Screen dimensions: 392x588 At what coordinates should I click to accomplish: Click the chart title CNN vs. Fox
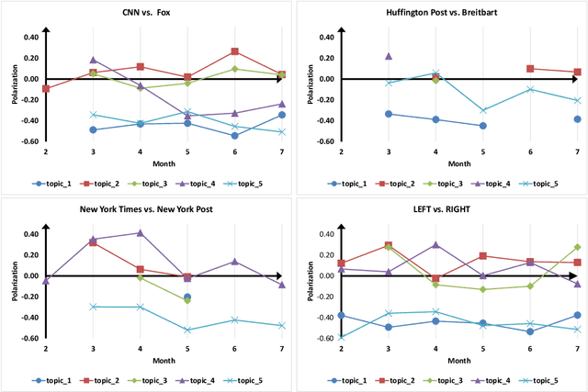pos(147,13)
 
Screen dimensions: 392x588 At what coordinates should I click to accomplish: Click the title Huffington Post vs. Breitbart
pos(441,13)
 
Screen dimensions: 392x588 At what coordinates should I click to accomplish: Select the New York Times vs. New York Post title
pos(147,210)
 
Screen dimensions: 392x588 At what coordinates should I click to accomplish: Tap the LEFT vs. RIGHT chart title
pos(441,210)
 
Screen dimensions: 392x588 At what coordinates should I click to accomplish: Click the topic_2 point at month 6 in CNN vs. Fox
pos(234,51)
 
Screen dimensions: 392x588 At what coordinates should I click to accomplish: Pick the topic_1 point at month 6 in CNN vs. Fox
pos(234,136)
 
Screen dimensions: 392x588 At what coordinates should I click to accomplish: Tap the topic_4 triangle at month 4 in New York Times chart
pos(140,233)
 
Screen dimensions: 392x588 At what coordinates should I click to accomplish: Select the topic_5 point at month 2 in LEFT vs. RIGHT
pos(341,337)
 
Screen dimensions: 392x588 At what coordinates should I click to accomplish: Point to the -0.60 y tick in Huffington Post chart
pos(322,141)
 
